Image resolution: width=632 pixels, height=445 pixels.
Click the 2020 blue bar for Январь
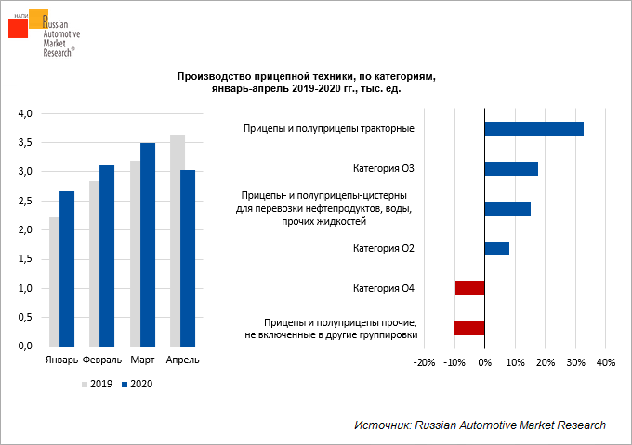click(x=67, y=268)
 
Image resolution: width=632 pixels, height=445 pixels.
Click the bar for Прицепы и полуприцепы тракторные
click(x=534, y=128)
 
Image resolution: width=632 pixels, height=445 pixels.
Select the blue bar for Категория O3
click(x=511, y=168)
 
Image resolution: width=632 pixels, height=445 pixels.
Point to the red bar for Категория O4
click(x=469, y=288)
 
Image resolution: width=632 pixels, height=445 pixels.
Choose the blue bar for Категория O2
click(x=497, y=248)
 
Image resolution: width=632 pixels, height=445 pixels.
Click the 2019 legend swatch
click(x=84, y=383)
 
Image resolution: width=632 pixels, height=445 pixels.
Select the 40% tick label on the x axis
click(x=605, y=361)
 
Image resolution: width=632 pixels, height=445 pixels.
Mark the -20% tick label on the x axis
click(x=423, y=361)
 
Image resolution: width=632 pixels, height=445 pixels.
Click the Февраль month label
click(x=101, y=360)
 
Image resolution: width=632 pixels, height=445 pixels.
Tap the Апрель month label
click(x=180, y=360)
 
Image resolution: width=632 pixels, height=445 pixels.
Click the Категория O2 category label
click(x=384, y=248)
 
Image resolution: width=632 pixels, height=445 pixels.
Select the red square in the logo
click(x=19, y=27)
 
